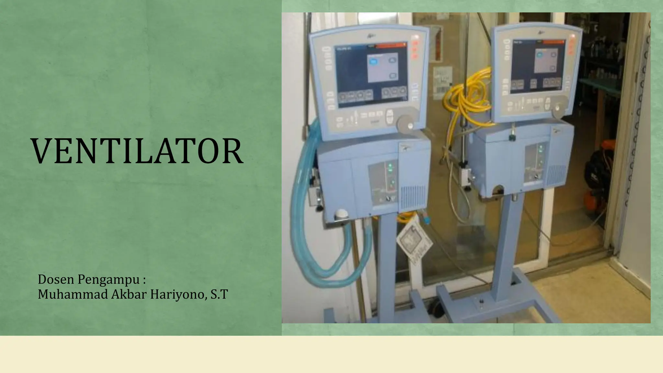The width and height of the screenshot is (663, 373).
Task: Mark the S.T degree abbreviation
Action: pos(219,294)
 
